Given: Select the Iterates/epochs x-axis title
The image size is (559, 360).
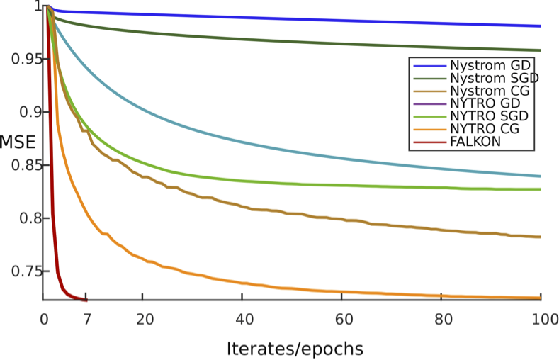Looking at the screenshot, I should click(295, 348).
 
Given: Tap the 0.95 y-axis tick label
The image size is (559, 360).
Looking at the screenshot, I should click(21, 58).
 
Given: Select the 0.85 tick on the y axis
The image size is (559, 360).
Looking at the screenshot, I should click(21, 164).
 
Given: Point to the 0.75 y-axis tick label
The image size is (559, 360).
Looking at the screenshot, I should click(21, 271).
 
